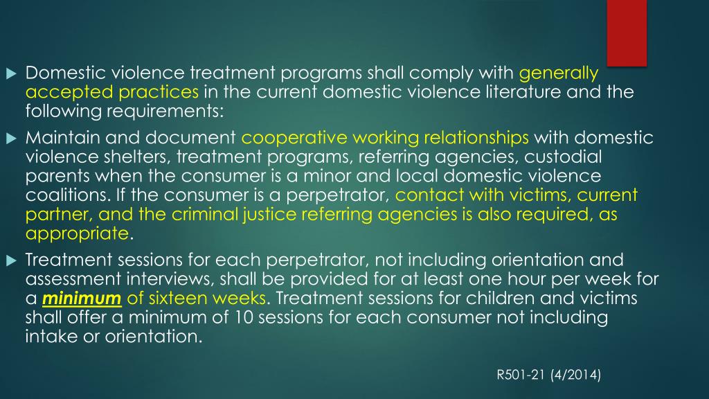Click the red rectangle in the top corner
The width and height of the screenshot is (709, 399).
627,32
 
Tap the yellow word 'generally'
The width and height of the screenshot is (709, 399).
558,73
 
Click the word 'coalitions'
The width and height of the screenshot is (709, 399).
61,195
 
